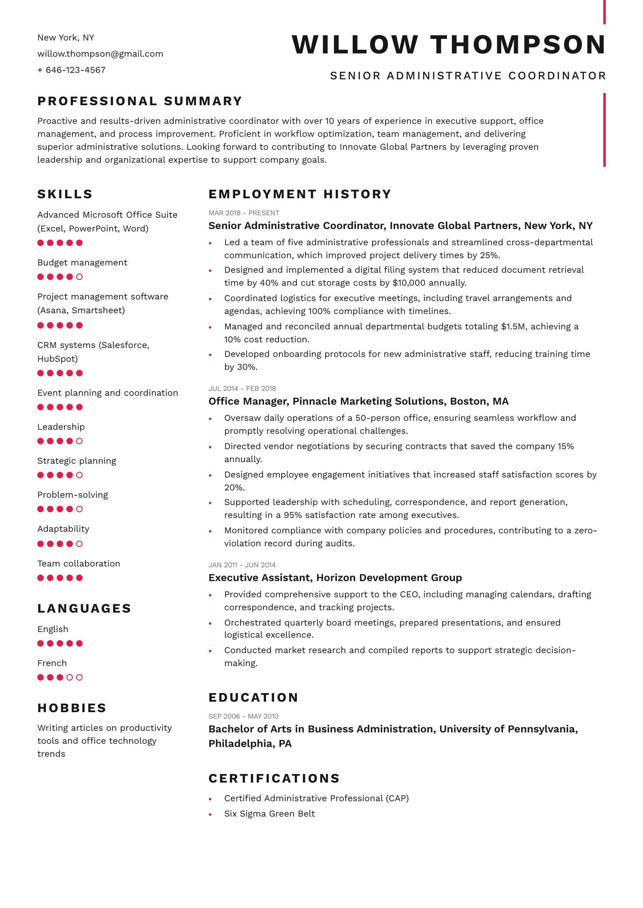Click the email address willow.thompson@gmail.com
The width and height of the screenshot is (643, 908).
(100, 54)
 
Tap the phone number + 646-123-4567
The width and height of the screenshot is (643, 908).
(71, 70)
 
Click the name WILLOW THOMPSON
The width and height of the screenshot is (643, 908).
(448, 45)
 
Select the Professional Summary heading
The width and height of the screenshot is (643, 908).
(140, 101)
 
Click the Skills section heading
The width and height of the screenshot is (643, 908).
(65, 194)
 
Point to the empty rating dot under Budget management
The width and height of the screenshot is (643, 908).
(79, 277)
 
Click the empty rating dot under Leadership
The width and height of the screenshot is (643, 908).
(79, 441)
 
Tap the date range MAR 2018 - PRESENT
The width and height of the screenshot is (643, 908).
(244, 213)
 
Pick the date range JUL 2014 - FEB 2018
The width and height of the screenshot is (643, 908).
(242, 388)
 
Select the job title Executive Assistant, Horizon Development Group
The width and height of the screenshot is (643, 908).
(335, 577)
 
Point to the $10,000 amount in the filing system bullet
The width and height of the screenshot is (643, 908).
(409, 283)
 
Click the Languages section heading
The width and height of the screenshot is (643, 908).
(84, 609)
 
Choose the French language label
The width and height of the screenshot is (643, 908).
(52, 663)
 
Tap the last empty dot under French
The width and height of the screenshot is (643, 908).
(79, 677)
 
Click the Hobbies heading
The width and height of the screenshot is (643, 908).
(72, 708)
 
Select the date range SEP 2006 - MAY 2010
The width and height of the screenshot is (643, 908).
(243, 716)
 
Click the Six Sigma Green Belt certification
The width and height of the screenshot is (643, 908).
(269, 814)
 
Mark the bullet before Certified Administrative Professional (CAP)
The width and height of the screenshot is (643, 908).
(210, 799)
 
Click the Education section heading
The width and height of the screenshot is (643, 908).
(253, 698)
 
